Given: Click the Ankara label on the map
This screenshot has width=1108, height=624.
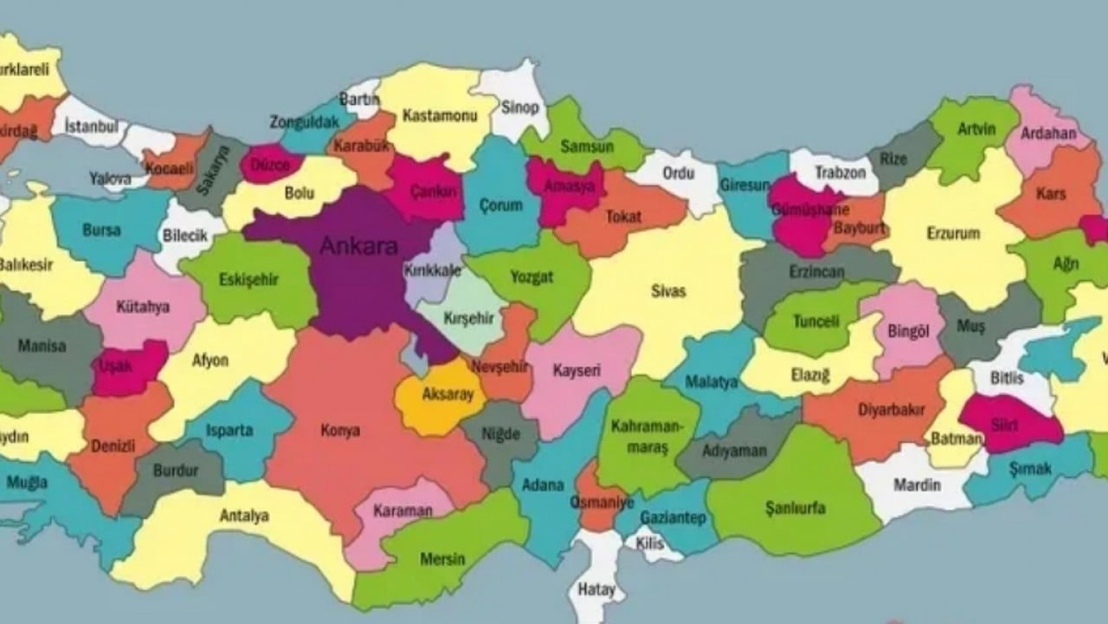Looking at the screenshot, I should [358, 246].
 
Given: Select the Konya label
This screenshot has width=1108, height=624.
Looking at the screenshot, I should [340, 431].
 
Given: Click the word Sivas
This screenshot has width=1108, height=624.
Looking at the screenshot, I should [668, 291].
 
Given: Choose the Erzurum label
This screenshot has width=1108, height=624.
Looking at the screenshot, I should [953, 233].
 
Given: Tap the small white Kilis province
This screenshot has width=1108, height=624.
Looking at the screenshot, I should [648, 543].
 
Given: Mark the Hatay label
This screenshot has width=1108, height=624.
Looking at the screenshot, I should [596, 590].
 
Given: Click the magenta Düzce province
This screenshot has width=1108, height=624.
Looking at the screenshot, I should [269, 164].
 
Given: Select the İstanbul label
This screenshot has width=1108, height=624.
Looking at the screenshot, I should [91, 127].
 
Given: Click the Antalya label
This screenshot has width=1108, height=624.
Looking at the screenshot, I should [243, 516].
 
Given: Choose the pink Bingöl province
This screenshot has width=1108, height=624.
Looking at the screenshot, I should [907, 330].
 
